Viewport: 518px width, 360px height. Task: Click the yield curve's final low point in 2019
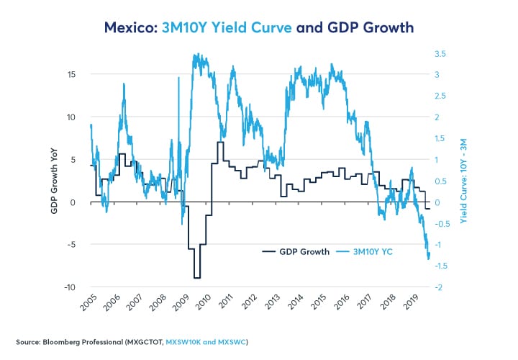[x=429, y=258]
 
